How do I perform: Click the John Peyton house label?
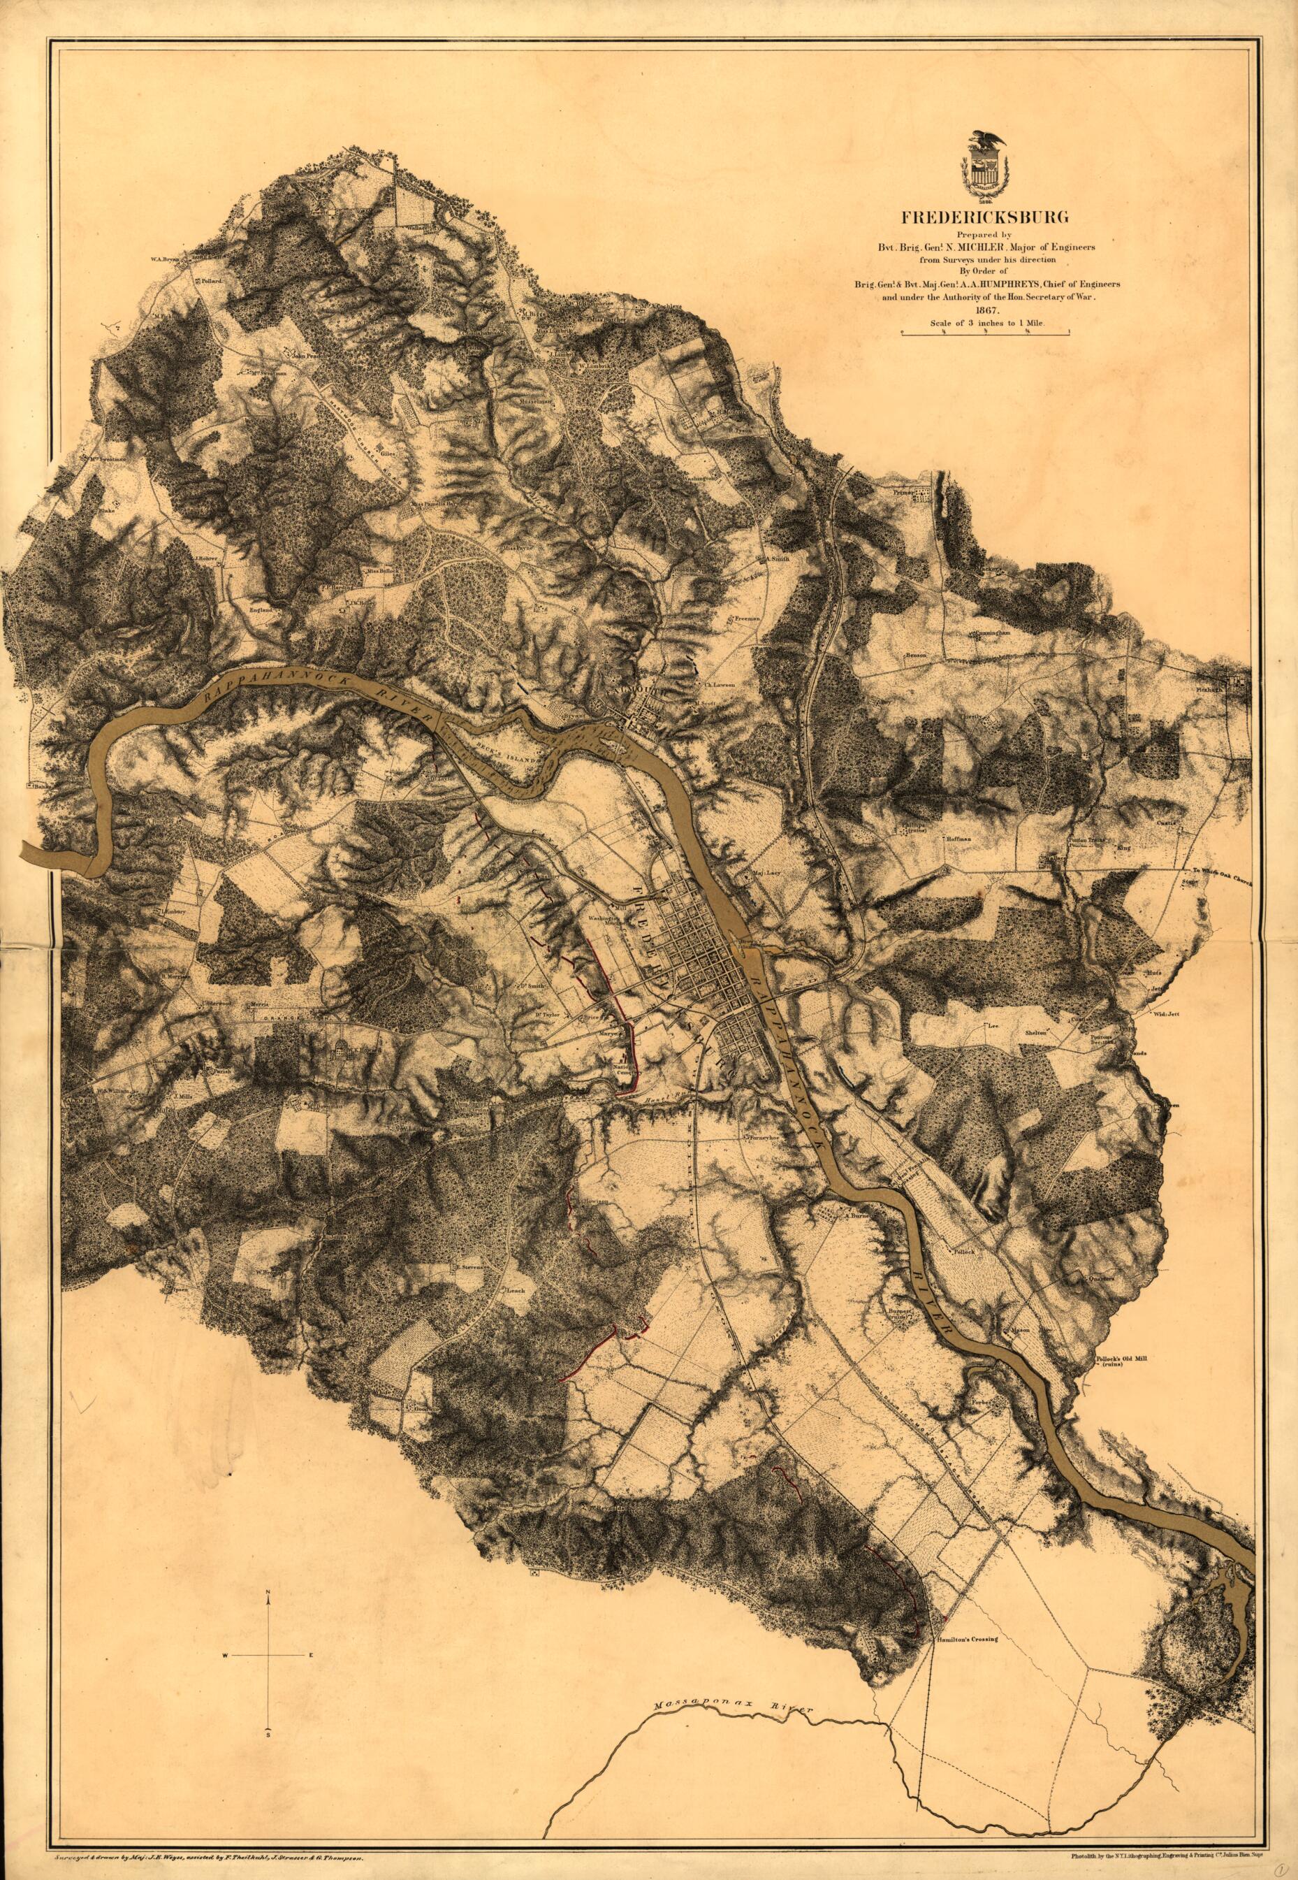(x=307, y=356)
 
